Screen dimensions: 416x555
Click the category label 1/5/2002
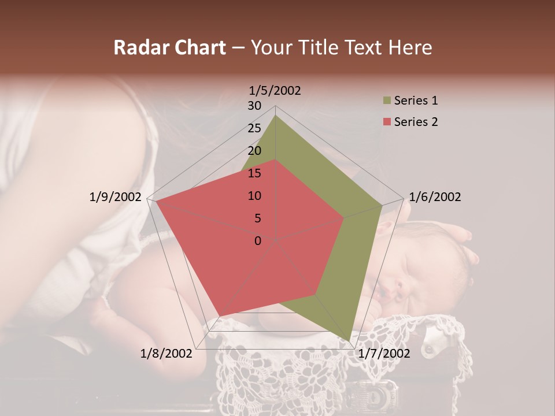[275, 90]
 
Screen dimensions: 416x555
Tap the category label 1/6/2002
[435, 197]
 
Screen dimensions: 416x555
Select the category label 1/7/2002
[384, 353]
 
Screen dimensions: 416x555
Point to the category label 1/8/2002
[166, 353]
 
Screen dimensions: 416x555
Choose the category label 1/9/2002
[116, 197]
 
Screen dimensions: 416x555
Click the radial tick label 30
[254, 106]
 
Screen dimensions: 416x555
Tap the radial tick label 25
[254, 128]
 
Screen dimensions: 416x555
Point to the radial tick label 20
[254, 151]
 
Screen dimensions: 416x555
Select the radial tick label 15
[254, 173]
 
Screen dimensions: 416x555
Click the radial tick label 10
[254, 196]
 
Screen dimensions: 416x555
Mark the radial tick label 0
[258, 240]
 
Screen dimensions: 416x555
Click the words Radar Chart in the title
[169, 48]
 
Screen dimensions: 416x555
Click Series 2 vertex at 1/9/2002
[156, 202]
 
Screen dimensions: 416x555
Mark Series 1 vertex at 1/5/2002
[276, 116]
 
